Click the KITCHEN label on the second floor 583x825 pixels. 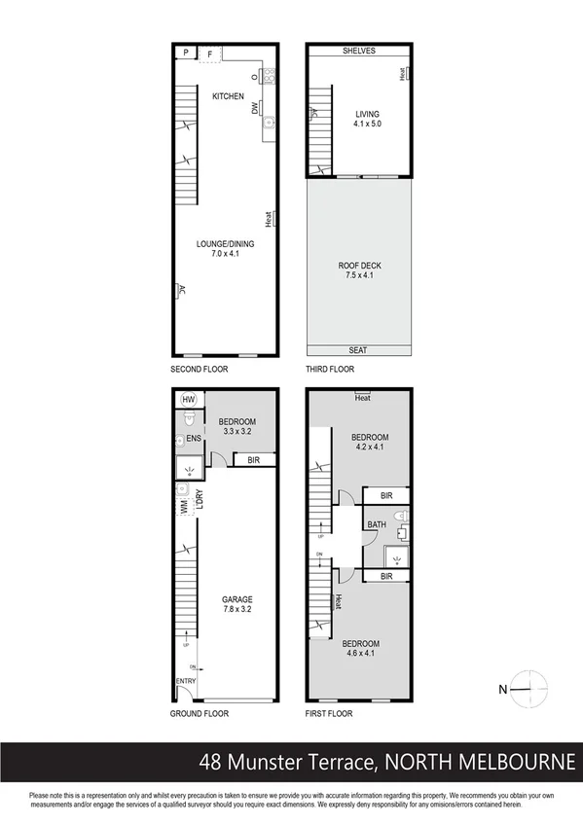click(228, 95)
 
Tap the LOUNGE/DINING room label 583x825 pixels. click(225, 244)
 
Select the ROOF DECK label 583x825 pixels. click(359, 266)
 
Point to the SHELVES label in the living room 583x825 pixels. click(358, 51)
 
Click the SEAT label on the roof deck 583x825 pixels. click(359, 350)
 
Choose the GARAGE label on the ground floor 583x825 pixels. click(237, 599)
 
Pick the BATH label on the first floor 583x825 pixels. click(377, 525)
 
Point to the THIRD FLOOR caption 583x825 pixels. click(330, 370)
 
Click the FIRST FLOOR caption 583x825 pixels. click(329, 713)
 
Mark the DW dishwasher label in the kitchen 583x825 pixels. click(255, 110)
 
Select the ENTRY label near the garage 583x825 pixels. click(186, 681)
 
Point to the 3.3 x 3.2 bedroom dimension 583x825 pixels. click(237, 431)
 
